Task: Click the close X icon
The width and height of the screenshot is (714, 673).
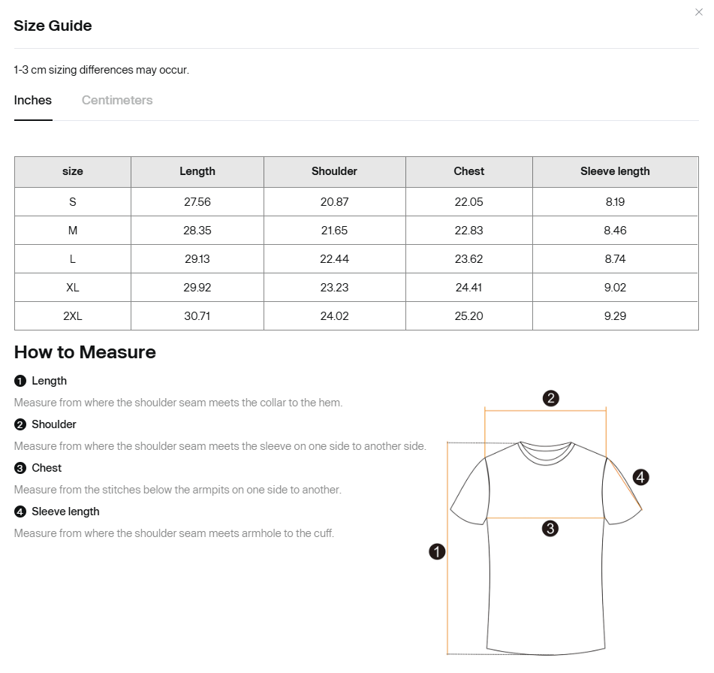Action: click(699, 12)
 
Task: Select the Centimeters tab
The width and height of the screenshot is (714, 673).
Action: click(117, 101)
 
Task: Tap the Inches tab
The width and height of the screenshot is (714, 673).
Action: click(33, 101)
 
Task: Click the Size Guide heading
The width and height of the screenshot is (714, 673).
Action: click(53, 26)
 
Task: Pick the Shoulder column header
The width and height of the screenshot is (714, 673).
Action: click(334, 171)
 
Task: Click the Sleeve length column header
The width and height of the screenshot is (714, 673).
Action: click(615, 171)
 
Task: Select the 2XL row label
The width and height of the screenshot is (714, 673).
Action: click(73, 316)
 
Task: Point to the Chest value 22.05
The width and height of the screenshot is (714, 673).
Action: click(468, 202)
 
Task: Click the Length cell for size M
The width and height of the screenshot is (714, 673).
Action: click(197, 231)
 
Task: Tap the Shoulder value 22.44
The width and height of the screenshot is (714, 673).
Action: click(334, 259)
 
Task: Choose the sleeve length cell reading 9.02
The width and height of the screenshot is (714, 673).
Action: click(615, 288)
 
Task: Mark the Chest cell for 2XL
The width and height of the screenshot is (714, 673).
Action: click(468, 316)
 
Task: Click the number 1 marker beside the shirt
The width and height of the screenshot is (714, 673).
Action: click(437, 552)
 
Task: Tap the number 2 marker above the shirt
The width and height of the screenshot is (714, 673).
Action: click(550, 398)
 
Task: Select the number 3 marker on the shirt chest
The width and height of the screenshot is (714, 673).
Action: click(550, 529)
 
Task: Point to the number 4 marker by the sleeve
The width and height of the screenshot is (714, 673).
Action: click(640, 477)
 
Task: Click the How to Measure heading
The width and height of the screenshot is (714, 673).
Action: click(85, 352)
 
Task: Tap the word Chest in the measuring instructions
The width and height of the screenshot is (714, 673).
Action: click(47, 468)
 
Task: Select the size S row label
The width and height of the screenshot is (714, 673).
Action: click(73, 202)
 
